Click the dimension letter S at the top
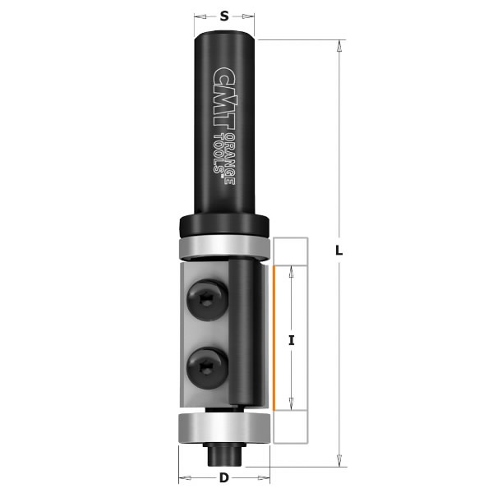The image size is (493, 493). point(224,14)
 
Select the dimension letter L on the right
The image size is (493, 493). point(339,253)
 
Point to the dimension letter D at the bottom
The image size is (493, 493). point(224,479)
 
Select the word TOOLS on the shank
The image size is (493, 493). point(219,157)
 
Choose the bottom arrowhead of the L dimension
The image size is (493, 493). point(339,461)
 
